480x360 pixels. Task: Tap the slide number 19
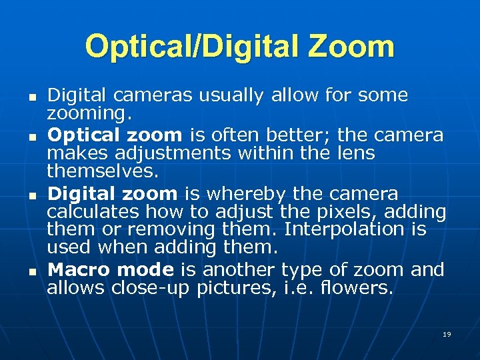(x=447, y=333)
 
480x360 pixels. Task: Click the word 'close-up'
(x=152, y=289)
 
